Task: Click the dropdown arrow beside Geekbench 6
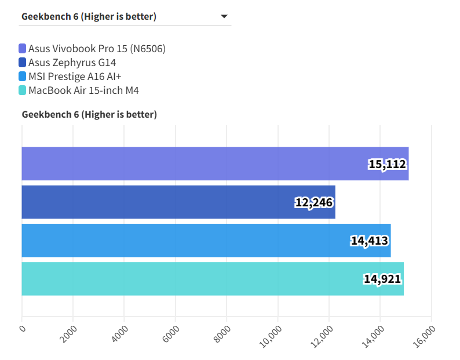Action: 224,17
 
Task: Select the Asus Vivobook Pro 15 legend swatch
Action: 22,49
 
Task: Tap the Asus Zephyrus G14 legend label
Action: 75,63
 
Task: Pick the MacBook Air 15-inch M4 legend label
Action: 83,90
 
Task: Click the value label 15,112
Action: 387,164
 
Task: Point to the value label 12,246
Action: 314,202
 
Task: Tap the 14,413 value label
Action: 369,241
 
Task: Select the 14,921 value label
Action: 382,279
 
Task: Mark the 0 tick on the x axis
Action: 23,329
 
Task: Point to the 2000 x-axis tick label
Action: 68,333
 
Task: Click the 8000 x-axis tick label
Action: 222,333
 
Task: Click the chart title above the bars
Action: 89,115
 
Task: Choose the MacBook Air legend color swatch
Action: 22,90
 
